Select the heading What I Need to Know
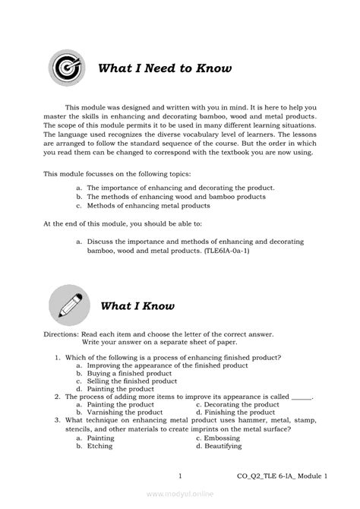[x=165, y=70]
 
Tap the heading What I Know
[x=137, y=307]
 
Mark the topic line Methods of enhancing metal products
[x=147, y=205]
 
